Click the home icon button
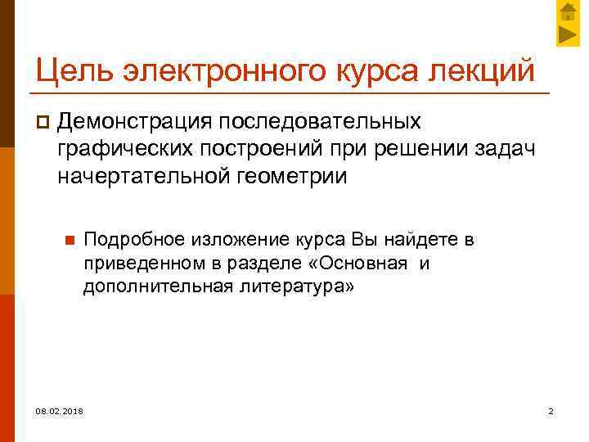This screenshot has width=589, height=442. coord(569,11)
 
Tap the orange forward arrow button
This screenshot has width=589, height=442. coord(569,34)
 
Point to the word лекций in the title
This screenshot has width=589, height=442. coord(483,70)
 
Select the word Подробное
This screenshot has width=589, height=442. coord(134,241)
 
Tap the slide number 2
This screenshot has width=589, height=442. coord(551,410)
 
